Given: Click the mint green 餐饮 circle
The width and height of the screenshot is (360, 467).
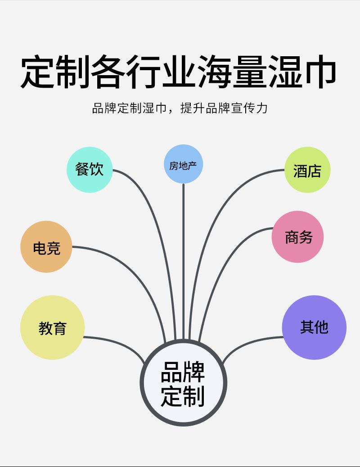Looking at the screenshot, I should (x=90, y=170).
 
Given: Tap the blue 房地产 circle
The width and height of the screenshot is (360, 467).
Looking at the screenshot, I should (x=183, y=164).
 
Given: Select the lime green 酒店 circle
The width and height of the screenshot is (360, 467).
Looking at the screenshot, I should (x=307, y=170).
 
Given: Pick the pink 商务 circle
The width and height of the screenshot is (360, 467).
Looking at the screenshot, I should (x=297, y=237).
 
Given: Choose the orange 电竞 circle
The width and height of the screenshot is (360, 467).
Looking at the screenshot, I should (x=46, y=247).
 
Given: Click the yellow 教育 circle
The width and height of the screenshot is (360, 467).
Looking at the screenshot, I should (x=52, y=327).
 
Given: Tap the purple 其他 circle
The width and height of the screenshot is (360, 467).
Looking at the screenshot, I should (x=314, y=327).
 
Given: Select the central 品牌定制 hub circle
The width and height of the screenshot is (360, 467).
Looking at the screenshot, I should (x=183, y=383).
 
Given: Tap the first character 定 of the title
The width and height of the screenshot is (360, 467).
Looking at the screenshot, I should (x=39, y=72).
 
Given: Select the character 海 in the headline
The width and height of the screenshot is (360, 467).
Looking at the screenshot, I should (x=213, y=72).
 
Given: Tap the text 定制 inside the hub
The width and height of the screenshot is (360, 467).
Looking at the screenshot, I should (x=183, y=395).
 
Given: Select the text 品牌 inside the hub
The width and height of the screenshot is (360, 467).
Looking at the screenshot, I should (x=183, y=372).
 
